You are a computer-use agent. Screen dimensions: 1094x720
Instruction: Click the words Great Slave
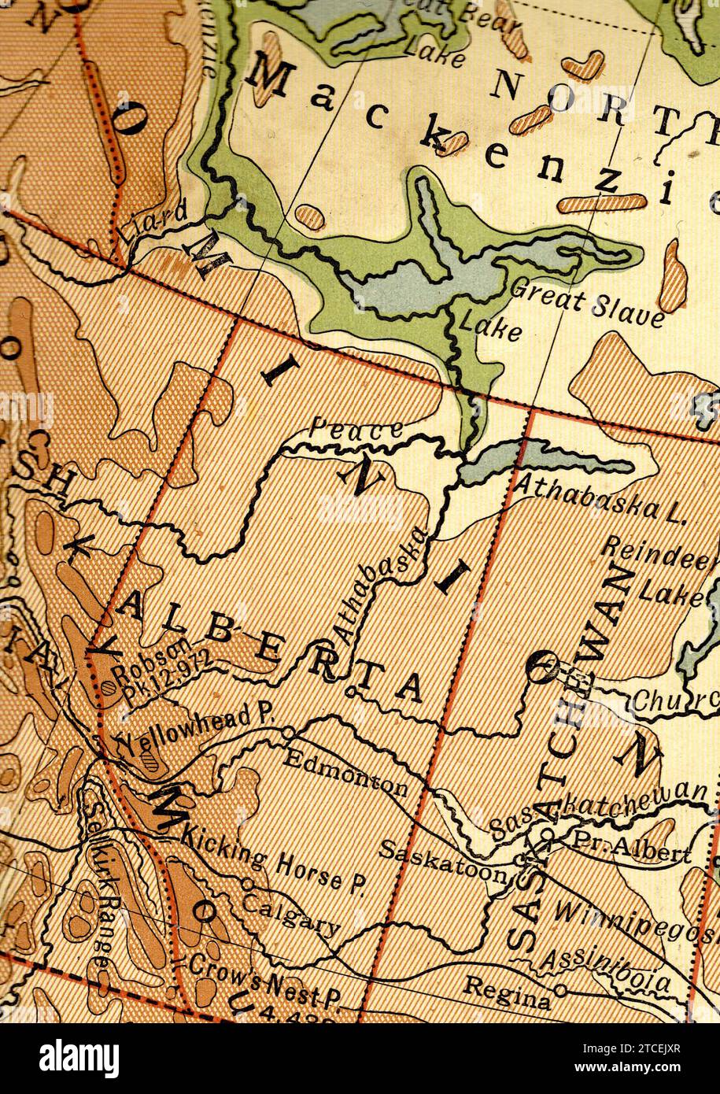pyautogui.click(x=587, y=301)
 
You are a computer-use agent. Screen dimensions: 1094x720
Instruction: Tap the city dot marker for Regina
pyautogui.click(x=560, y=989)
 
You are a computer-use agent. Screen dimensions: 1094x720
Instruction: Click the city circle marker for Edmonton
pyautogui.click(x=289, y=733)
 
